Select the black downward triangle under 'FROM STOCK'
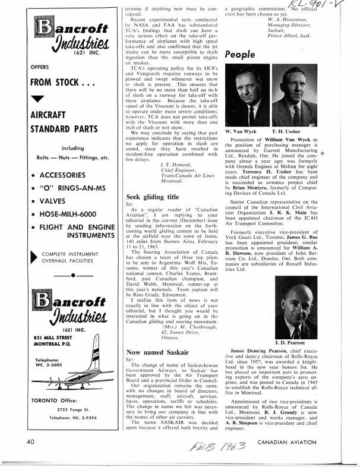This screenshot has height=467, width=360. [x=37, y=98]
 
